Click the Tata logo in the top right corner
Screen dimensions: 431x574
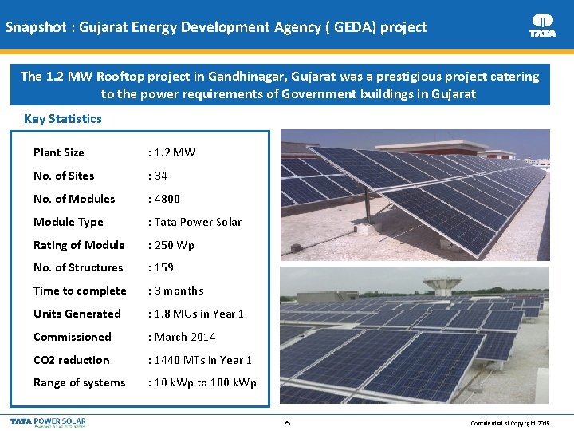tap(543, 25)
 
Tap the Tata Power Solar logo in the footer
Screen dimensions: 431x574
tap(48, 421)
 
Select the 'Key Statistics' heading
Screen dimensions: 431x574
tap(63, 119)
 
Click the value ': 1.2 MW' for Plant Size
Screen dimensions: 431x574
tap(171, 152)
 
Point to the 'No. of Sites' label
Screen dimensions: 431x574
tap(64, 176)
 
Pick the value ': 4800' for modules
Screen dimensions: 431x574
tap(164, 199)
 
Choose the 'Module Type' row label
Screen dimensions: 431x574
tap(69, 222)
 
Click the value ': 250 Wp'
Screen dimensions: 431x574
tap(171, 245)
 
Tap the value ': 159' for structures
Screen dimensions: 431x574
tap(161, 267)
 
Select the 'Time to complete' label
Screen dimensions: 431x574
tap(80, 291)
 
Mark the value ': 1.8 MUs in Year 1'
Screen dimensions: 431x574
tap(196, 314)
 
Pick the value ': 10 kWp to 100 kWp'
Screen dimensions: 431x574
tap(202, 383)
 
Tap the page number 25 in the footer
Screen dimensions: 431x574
tap(287, 423)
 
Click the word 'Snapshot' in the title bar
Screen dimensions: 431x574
tap(36, 27)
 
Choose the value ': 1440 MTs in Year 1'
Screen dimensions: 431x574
tap(200, 360)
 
